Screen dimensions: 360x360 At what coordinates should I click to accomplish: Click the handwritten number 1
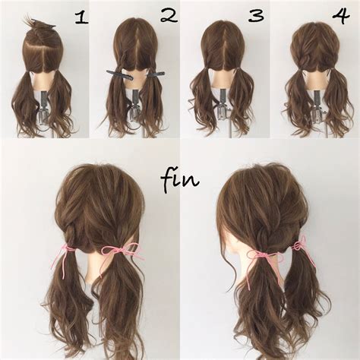[81, 18]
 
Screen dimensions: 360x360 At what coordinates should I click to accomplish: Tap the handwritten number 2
[169, 16]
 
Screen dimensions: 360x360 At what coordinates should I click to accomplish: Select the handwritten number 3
[256, 16]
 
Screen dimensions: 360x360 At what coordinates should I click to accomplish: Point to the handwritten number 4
[341, 17]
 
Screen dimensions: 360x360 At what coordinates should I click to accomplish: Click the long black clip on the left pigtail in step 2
[119, 74]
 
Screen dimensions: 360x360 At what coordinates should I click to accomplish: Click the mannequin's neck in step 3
[223, 77]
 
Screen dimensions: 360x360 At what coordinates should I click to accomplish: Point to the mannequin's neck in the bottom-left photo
[97, 266]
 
